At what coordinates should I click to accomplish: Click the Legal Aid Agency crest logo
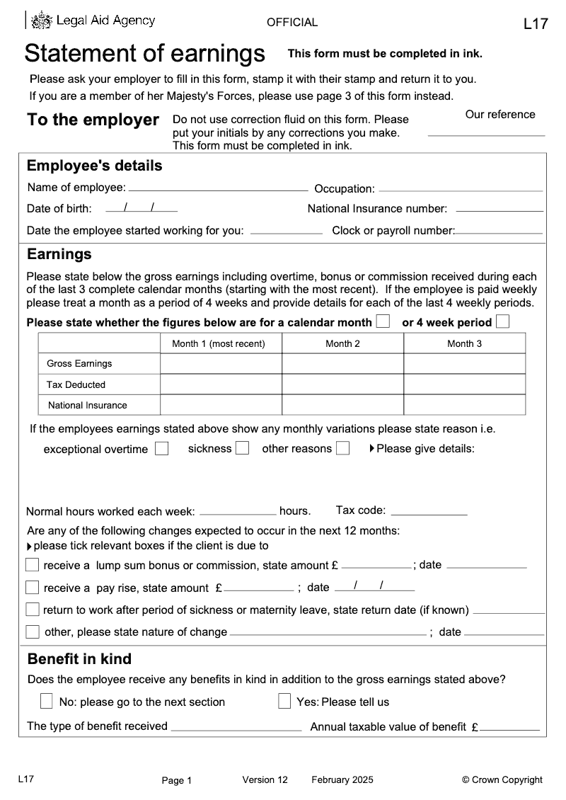(x=43, y=21)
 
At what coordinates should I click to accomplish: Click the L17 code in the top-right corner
(x=536, y=24)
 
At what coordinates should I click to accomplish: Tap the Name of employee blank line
(x=218, y=187)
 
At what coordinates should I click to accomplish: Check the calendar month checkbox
(x=383, y=321)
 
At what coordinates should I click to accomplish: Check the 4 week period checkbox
(x=502, y=321)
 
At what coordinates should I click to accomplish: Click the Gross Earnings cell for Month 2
(x=342, y=364)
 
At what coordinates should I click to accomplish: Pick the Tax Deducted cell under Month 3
(x=464, y=384)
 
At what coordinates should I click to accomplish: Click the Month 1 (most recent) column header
(x=221, y=344)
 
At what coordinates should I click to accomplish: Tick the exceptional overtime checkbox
(x=162, y=449)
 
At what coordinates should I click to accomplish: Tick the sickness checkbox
(x=242, y=448)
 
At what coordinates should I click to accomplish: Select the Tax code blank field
(x=429, y=510)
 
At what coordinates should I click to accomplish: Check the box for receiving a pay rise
(x=33, y=588)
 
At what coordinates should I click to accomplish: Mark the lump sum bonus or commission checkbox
(x=33, y=565)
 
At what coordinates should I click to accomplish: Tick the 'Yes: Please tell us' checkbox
(x=284, y=702)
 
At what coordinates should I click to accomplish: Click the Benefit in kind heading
(x=79, y=659)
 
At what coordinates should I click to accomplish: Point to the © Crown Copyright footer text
(x=502, y=780)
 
